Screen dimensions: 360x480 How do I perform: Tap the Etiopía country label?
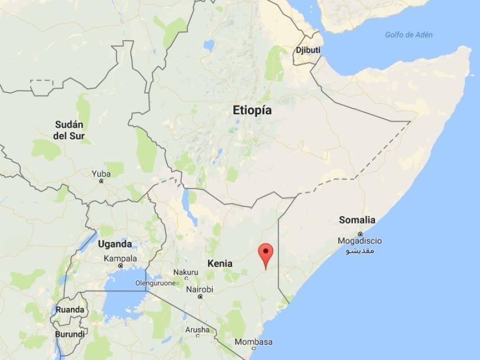[x=252, y=110]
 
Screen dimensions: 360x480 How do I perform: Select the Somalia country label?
[x=357, y=220]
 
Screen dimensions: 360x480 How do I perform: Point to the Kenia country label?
[x=219, y=263]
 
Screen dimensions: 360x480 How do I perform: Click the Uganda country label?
[x=115, y=244]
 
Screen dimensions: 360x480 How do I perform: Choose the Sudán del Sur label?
[x=69, y=130]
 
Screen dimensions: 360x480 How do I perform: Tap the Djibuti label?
[x=308, y=50]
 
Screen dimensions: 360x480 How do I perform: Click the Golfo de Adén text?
[x=409, y=35]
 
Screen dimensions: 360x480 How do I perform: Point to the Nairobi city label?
[x=200, y=290]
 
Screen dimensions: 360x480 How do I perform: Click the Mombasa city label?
[x=253, y=342]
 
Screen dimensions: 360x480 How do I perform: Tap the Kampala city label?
[x=120, y=259]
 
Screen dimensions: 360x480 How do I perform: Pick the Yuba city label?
[x=101, y=174]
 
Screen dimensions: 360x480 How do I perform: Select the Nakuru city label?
[x=185, y=273]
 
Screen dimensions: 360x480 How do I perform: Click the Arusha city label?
[x=197, y=330]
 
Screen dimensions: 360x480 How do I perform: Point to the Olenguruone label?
[x=155, y=283]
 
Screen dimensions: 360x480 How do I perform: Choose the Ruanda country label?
[x=70, y=310]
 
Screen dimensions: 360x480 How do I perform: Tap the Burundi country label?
[x=70, y=334]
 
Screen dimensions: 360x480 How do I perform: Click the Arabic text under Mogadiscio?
[x=359, y=250]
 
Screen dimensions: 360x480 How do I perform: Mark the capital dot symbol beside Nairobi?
[x=200, y=297]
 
